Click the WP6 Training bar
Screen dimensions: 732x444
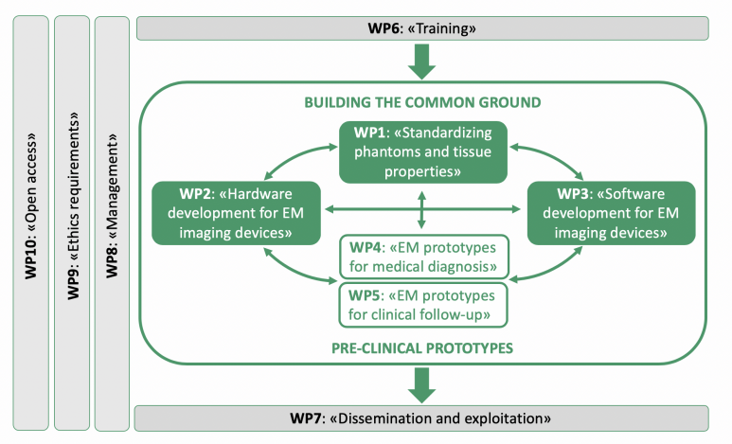pos(422,28)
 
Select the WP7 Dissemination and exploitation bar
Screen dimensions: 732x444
pos(421,418)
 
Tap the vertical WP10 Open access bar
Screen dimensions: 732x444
pos(31,222)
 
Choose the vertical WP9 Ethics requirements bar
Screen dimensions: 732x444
pos(72,222)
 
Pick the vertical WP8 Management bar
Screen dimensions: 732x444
pos(112,223)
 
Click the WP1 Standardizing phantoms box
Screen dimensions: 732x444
pos(423,152)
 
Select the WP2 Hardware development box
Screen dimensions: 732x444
pos(236,213)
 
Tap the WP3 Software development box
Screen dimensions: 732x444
pos(611,213)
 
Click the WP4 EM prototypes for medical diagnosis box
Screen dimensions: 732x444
pos(423,257)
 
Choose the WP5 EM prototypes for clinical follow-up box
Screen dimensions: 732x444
pos(423,305)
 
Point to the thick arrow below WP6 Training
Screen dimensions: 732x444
pos(421,62)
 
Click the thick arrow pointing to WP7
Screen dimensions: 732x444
pos(421,385)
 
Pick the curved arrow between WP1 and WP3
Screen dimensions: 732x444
pos(552,156)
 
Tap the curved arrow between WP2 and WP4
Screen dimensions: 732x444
pos(295,272)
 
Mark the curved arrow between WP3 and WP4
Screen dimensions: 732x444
pos(551,271)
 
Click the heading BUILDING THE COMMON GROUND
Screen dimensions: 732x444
pos(422,102)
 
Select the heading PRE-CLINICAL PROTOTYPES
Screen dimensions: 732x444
pos(422,348)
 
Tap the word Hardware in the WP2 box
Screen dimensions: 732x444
pos(260,194)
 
